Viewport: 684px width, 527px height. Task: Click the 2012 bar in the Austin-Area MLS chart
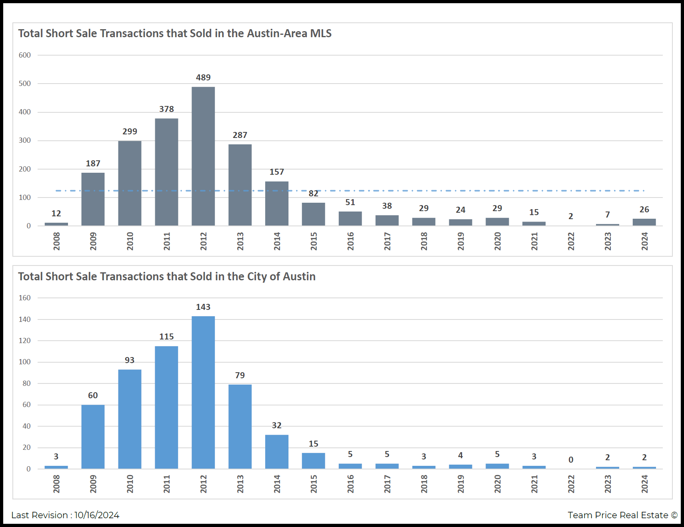203,156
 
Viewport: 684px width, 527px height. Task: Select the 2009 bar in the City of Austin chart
93,437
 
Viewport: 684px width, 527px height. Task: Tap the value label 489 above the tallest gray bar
203,78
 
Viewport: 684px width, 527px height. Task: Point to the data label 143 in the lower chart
203,307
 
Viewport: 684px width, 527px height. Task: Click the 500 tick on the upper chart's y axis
25,84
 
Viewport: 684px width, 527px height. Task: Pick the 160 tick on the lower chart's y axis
25,298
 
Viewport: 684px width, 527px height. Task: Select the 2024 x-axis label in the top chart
644,241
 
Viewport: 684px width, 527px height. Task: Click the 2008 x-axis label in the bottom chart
56,484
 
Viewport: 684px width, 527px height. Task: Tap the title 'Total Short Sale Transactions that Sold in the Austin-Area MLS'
175,34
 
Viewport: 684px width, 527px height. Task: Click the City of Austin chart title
167,277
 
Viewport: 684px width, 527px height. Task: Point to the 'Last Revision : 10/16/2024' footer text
65,515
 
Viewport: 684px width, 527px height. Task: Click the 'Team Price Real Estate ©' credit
622,515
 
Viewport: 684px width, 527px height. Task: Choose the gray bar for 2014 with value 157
277,204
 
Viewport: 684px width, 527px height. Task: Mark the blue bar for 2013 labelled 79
240,426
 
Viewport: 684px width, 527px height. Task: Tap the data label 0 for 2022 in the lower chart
571,460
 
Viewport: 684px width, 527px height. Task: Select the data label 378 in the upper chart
166,109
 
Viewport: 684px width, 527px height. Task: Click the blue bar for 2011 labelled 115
166,407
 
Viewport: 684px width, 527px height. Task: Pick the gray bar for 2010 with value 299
130,183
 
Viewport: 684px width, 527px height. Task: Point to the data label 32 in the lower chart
277,425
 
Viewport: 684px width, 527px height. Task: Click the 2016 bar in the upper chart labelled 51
350,219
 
